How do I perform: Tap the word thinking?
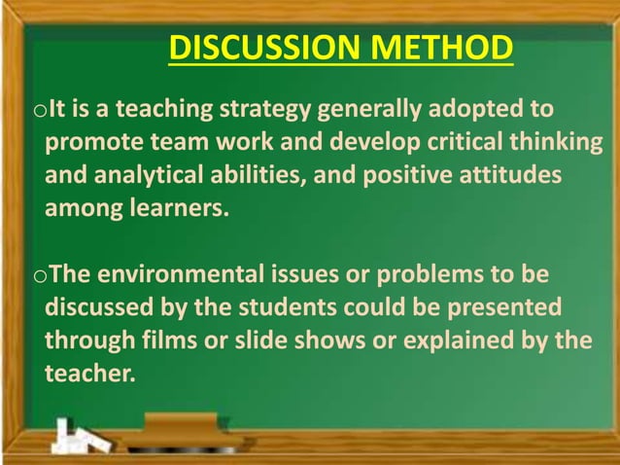pos(553,143)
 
